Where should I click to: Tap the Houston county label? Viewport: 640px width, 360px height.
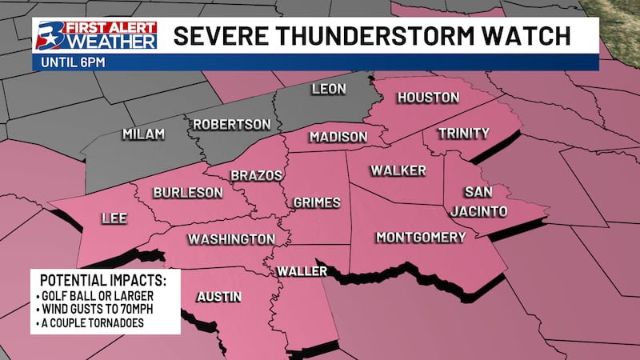[x=429, y=98]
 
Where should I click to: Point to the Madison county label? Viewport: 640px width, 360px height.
[x=338, y=137]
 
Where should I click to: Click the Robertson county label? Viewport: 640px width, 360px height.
[x=231, y=125]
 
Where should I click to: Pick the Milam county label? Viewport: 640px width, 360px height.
[x=143, y=134]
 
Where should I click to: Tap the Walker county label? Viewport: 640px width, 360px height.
[x=398, y=170]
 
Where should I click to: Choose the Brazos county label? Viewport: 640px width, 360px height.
[x=254, y=175]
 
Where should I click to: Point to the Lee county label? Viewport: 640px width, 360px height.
[x=113, y=218]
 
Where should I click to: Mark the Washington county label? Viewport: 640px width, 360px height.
[x=231, y=239]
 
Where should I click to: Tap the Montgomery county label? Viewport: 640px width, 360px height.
[x=420, y=238]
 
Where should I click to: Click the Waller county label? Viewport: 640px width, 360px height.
[x=302, y=272]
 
